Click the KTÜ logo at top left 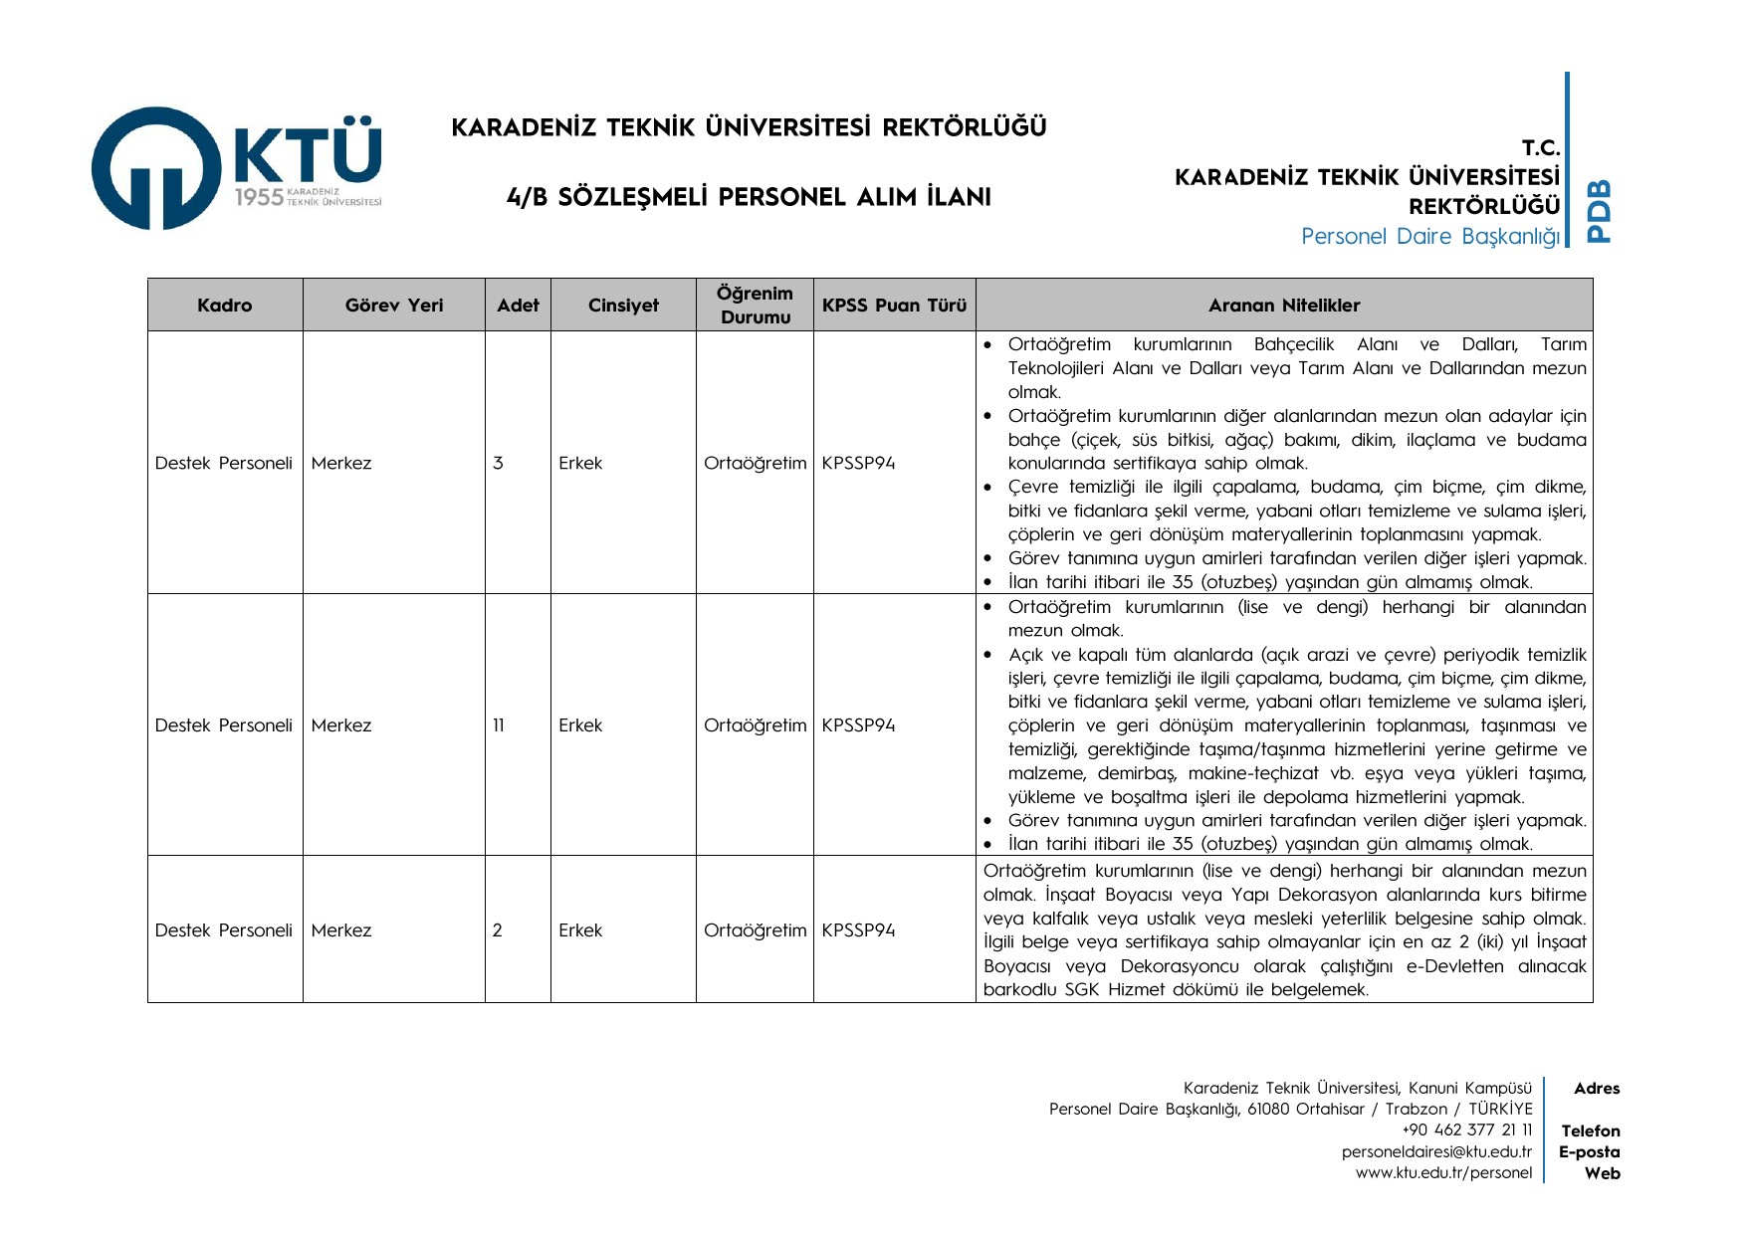coord(237,167)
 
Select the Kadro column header coord(224,306)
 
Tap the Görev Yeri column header coord(394,306)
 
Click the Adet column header coord(518,306)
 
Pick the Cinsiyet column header coord(623,306)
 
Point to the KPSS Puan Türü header coord(894,306)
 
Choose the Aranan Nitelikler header coord(1284,306)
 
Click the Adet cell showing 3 coord(498,463)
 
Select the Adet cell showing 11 coord(499,725)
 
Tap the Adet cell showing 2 coord(498,930)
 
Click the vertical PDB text coord(1598,211)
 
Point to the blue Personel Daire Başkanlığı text coord(1430,237)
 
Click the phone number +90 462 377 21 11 coord(1466,1131)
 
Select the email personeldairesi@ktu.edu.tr coord(1436,1152)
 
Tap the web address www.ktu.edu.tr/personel coord(1443,1173)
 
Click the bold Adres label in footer coord(1597,1089)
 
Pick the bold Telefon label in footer coord(1591,1131)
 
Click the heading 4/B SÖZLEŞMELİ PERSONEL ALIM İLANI coord(749,197)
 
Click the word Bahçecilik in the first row coord(1293,344)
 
